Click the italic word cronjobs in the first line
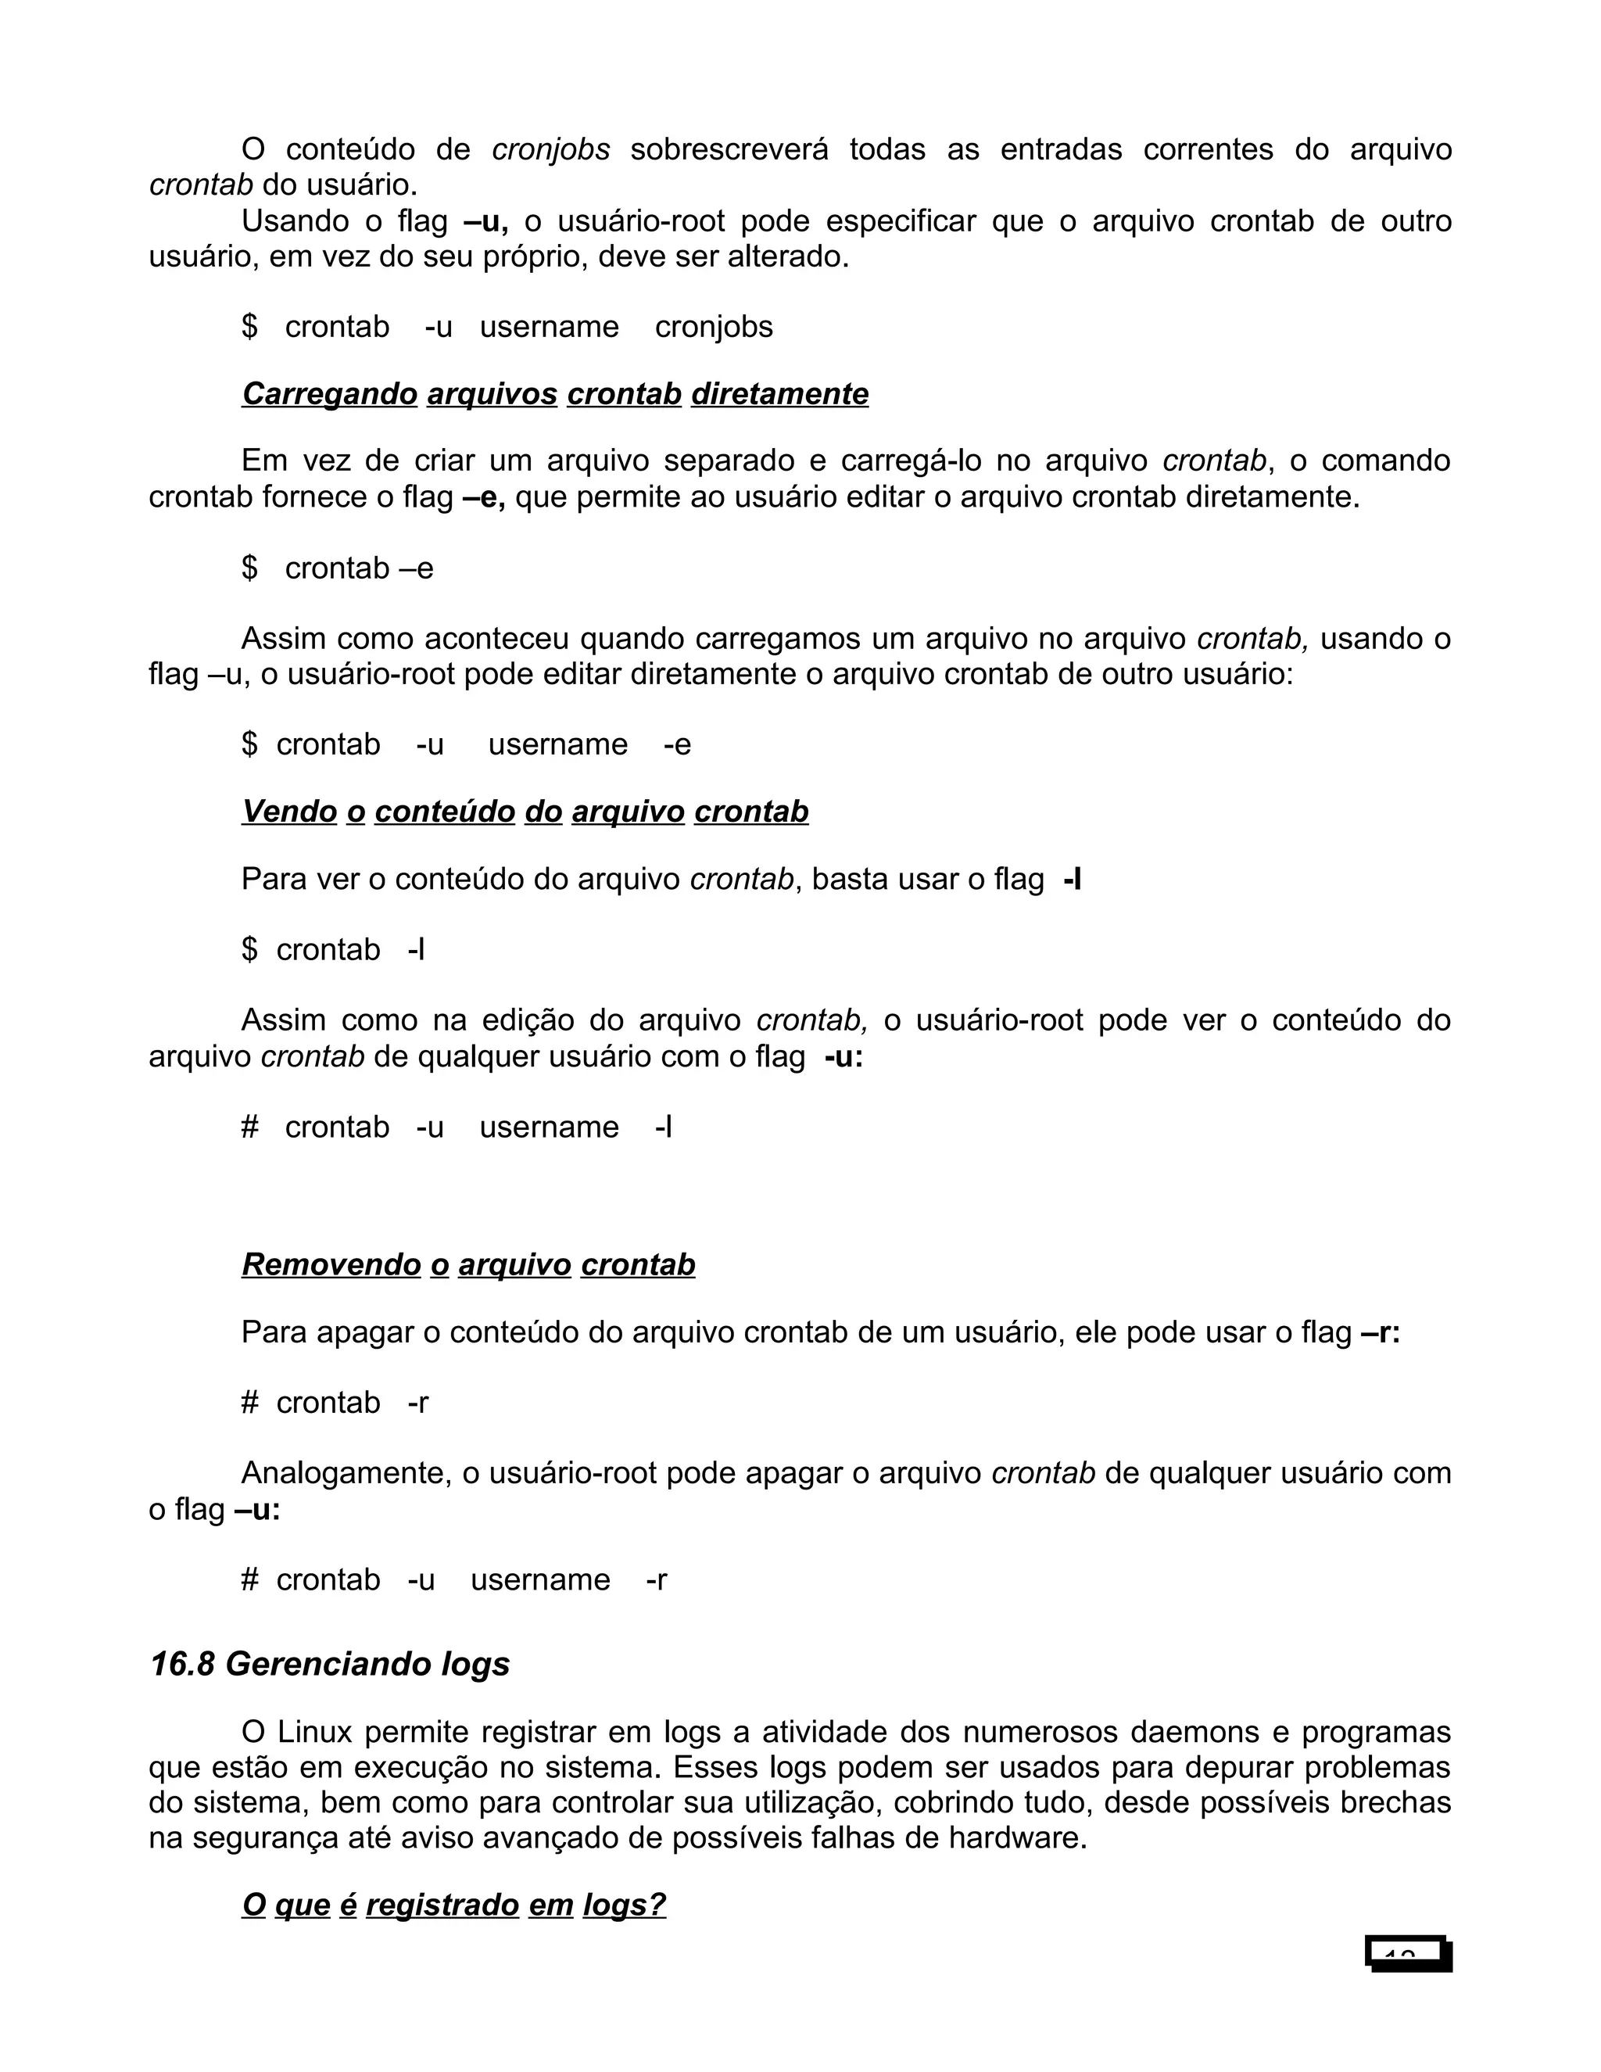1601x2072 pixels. (x=550, y=150)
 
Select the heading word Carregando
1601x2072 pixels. (x=329, y=394)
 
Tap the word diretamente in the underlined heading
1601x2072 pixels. (x=779, y=394)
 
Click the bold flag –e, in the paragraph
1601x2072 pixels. (x=484, y=497)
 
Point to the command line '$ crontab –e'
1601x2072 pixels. (x=338, y=568)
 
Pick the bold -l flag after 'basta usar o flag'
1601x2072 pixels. (x=1073, y=880)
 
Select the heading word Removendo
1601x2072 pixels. (x=331, y=1264)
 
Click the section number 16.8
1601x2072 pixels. (x=182, y=1664)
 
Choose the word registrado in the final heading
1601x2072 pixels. (x=442, y=1905)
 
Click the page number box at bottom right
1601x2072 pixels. (x=1409, y=1953)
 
